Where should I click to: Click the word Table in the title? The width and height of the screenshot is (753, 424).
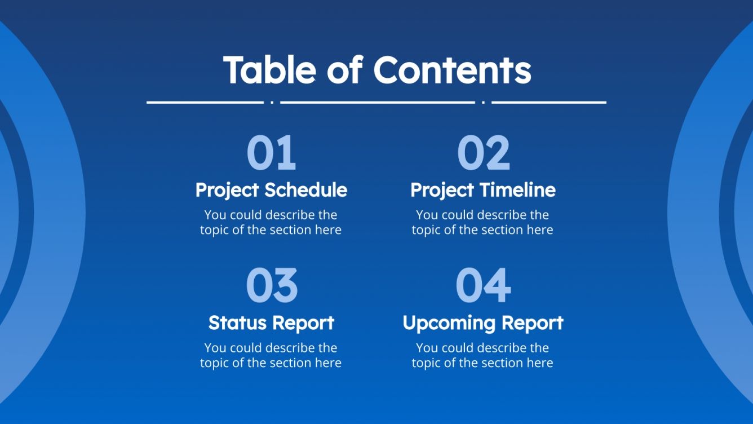pos(269,70)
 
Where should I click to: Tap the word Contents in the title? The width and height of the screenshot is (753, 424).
pos(452,70)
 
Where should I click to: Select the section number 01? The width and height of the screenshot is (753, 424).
pos(271,153)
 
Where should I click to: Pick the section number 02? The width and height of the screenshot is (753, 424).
pos(483,153)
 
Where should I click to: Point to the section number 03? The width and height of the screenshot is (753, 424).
pos(271,286)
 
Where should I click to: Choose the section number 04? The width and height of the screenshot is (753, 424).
pos(483,286)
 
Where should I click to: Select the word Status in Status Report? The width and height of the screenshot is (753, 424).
pos(237,323)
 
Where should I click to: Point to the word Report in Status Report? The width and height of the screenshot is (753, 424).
pos(304,323)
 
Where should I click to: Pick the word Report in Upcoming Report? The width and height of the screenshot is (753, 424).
pos(532,323)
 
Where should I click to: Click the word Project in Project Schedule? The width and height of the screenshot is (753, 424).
pos(227,191)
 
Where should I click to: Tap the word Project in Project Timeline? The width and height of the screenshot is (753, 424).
pos(442,191)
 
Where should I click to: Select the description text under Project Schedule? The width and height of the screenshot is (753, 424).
pos(271,222)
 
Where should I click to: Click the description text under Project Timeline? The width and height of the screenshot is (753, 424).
pos(482,222)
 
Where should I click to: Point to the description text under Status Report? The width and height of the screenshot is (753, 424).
pos(271,355)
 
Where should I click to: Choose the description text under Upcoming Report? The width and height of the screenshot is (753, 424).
pos(482,355)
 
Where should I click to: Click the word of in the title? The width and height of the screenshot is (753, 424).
pos(344,70)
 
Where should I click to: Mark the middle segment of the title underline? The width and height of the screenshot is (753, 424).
pos(378,103)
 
